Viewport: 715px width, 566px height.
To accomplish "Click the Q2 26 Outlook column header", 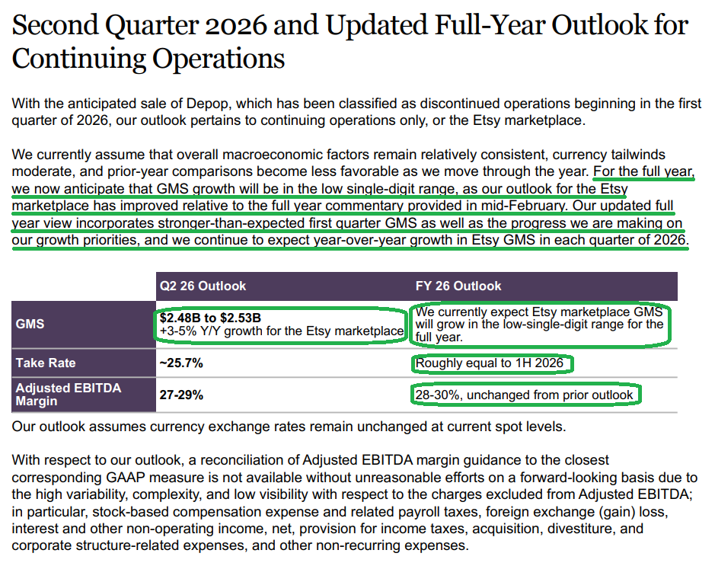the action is pyautogui.click(x=203, y=286).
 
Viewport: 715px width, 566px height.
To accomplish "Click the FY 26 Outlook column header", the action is pyautogui.click(x=458, y=286).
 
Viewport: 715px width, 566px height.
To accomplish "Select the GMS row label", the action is pyautogui.click(x=30, y=324).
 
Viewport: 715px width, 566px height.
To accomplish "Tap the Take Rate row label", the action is pyautogui.click(x=46, y=363).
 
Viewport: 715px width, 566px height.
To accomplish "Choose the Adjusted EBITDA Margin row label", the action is pyautogui.click(x=69, y=395).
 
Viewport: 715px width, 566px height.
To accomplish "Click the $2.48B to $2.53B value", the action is pyautogui.click(x=210, y=318).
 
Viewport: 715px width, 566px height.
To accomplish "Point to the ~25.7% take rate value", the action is pyautogui.click(x=181, y=363).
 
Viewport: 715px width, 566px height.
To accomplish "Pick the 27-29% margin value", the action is pyautogui.click(x=181, y=395).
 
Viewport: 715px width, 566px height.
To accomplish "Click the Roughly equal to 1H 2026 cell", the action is pyautogui.click(x=490, y=363).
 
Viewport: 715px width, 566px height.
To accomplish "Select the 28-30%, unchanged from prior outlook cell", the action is pyautogui.click(x=524, y=395).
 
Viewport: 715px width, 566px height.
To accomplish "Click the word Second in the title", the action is pyautogui.click(x=55, y=25).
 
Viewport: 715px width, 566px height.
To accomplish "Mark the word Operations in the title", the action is pyautogui.click(x=219, y=59).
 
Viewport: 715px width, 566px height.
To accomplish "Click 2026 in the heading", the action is pyautogui.click(x=236, y=25).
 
